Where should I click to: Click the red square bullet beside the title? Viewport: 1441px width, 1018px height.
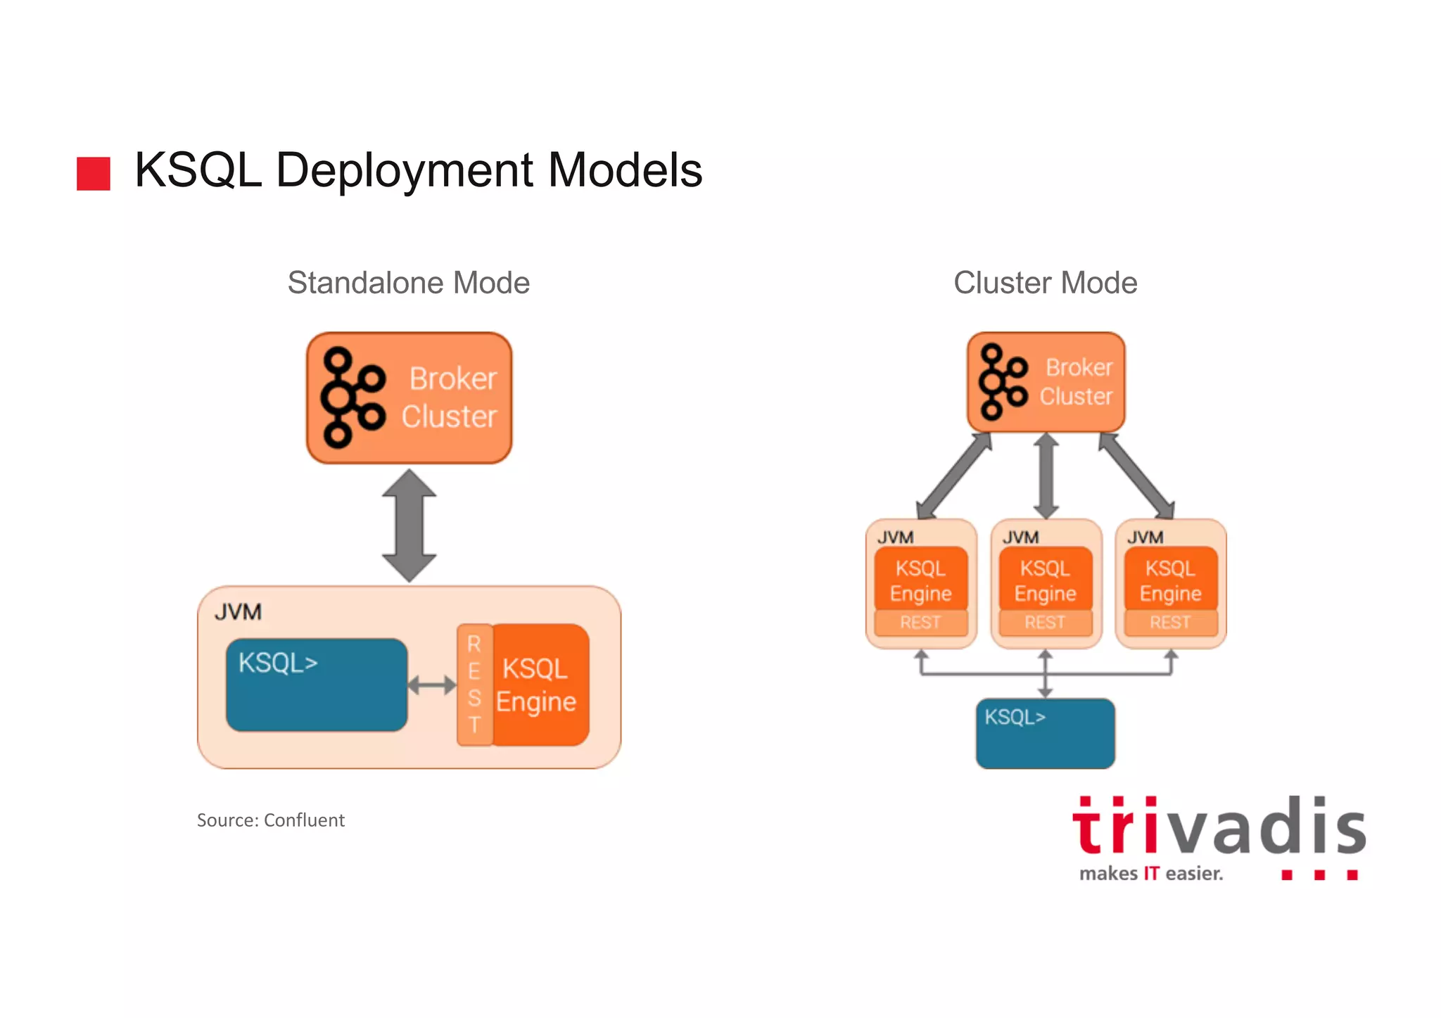(x=93, y=173)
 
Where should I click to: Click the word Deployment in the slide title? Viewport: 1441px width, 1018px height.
(x=405, y=171)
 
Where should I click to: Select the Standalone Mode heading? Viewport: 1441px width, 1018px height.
(x=408, y=283)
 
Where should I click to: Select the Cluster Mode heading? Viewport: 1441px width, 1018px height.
(x=1045, y=283)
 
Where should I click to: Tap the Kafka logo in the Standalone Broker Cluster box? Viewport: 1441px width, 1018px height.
(x=352, y=397)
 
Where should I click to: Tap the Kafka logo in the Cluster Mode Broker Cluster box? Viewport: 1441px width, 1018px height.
(x=1002, y=382)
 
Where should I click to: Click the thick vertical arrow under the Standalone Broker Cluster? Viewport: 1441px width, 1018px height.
(x=409, y=525)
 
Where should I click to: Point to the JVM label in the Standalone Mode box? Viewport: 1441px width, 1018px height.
(x=238, y=612)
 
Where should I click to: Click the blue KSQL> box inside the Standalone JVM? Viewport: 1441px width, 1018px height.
(x=317, y=685)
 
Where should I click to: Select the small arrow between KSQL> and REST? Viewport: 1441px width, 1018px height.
(x=432, y=685)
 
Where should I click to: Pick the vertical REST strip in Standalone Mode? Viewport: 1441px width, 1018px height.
(x=474, y=685)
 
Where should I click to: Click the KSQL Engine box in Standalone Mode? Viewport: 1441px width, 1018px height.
(x=539, y=685)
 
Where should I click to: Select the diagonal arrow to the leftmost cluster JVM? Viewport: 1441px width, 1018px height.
(x=954, y=476)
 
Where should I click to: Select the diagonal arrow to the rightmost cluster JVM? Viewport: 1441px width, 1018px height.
(x=1136, y=476)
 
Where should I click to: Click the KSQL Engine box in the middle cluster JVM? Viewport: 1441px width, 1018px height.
(x=1045, y=580)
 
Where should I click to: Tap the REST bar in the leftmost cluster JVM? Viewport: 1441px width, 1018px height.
(x=920, y=623)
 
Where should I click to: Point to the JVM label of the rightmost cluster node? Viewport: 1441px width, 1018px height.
(x=1145, y=537)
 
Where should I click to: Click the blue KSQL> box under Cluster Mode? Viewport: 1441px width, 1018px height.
(x=1045, y=734)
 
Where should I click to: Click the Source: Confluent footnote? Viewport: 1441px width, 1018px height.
(x=270, y=820)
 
